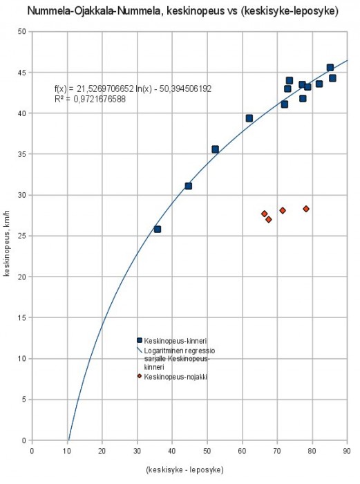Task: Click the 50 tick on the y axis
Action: [21, 32]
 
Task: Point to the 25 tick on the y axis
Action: [21, 236]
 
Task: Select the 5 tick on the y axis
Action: [23, 399]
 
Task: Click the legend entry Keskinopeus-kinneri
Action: [170, 341]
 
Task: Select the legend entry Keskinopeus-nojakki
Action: [170, 377]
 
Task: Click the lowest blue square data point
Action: [158, 229]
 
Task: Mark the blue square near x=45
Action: [189, 186]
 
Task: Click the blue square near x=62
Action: [249, 118]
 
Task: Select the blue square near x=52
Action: [216, 149]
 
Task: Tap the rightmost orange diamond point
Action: [306, 209]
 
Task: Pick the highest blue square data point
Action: [330, 68]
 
